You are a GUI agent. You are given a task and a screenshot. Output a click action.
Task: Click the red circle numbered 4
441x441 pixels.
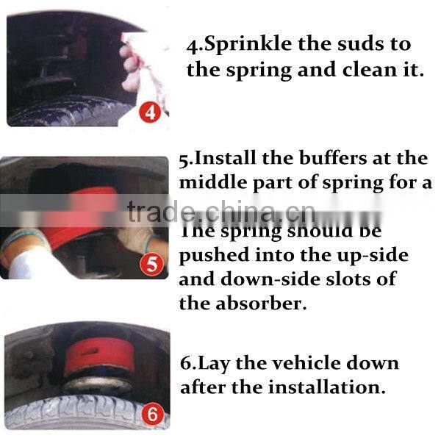(151, 113)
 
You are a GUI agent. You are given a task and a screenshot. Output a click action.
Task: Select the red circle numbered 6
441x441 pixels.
(153, 415)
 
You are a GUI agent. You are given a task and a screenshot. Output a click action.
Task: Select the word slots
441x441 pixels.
(356, 279)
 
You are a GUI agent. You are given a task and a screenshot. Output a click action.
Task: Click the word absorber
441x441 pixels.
(262, 303)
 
